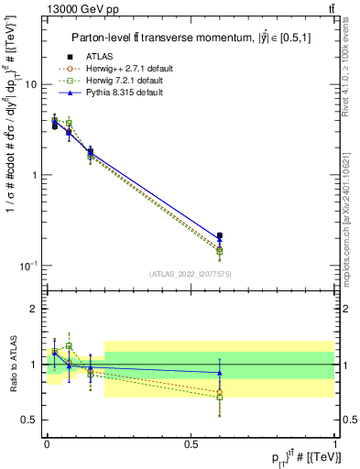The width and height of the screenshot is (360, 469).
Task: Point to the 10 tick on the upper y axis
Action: (30, 84)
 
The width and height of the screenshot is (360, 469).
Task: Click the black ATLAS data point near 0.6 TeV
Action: (219, 235)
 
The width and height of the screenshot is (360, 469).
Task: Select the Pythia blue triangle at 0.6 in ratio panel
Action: (219, 373)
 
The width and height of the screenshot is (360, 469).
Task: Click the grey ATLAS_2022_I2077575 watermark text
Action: (191, 274)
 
